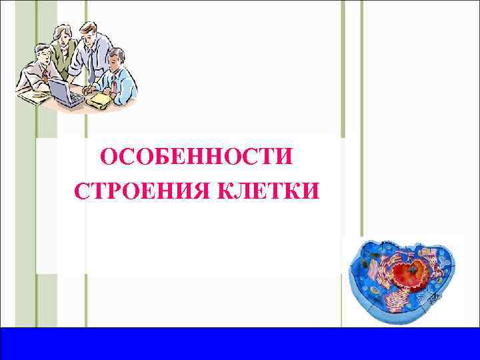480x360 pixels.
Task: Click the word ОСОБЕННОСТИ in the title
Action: coord(196,158)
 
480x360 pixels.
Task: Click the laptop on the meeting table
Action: coord(65,91)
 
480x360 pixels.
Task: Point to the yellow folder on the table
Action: coord(99,99)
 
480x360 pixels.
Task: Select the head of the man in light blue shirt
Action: coord(115,58)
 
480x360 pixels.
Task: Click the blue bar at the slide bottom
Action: coord(240,343)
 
